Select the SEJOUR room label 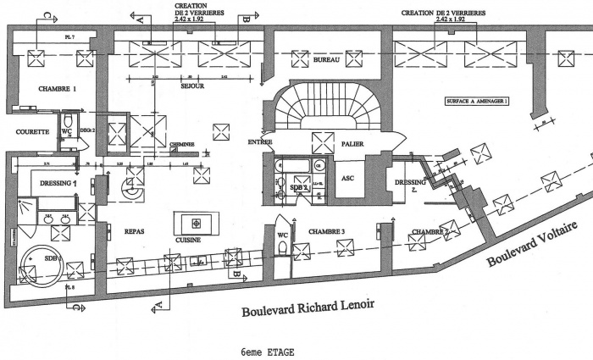pos(194,86)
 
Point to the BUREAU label pos(326,62)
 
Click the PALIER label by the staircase pos(352,144)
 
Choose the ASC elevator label pos(347,178)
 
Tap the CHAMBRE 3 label pos(326,231)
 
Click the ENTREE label pos(260,141)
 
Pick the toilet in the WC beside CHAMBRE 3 pos(282,246)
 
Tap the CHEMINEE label pos(181,145)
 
